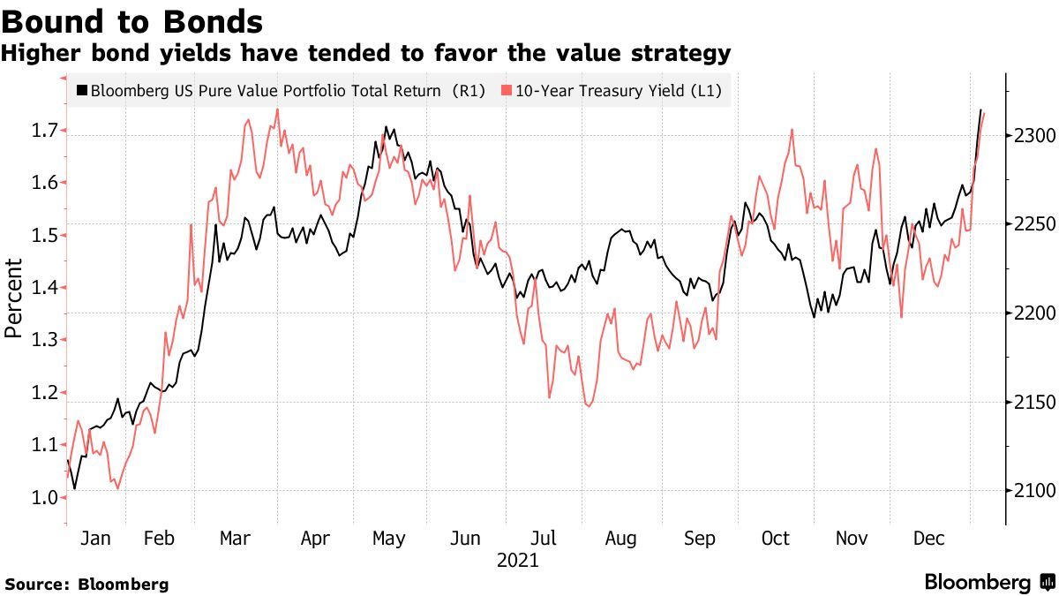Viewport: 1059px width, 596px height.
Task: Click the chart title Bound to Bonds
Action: tap(132, 20)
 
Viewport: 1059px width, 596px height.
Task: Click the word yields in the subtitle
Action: tap(189, 54)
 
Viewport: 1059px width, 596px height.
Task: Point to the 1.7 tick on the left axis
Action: tap(44, 131)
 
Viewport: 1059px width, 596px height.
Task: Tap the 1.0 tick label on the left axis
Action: tap(44, 498)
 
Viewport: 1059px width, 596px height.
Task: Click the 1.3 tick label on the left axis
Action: tap(44, 340)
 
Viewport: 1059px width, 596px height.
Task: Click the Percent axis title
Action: tap(13, 298)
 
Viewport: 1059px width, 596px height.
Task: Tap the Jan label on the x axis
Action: tap(95, 539)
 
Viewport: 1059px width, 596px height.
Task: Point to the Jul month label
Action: tap(544, 539)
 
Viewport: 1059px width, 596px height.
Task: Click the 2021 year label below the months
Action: tap(517, 561)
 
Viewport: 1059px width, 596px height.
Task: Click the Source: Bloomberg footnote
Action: tap(86, 584)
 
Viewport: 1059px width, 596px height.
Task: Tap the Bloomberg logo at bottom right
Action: tap(988, 582)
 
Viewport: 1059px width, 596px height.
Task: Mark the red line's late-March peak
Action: tap(278, 109)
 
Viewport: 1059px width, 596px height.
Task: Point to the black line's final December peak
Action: tap(980, 110)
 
